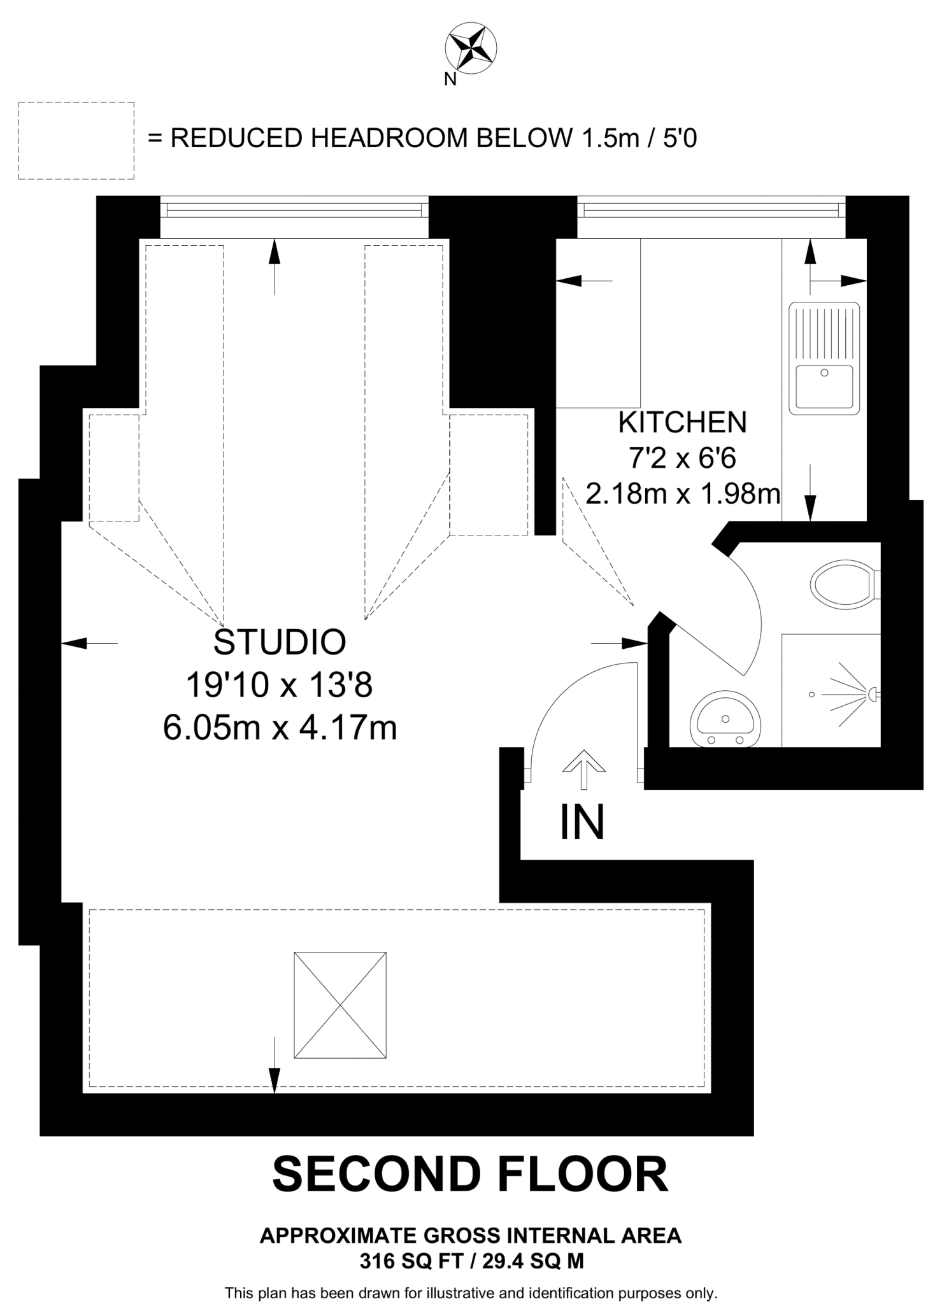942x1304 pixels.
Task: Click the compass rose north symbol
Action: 471,48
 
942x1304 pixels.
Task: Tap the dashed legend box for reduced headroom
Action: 76,141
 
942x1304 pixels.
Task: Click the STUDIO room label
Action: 280,642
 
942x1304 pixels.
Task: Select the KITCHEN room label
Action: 683,422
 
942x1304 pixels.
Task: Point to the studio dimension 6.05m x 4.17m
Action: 280,728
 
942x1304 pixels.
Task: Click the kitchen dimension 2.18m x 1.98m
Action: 683,493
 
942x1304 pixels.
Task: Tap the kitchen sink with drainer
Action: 824,357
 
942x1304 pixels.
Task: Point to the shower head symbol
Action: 873,693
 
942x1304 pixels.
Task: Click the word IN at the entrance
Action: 582,823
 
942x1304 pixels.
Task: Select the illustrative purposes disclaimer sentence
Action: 471,1293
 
